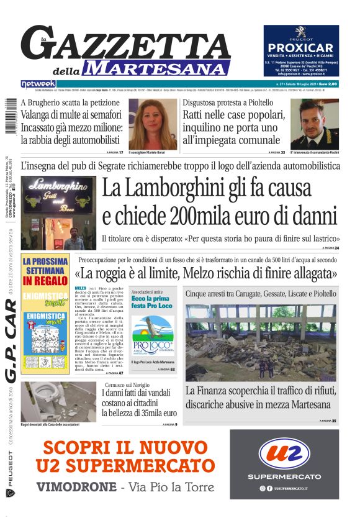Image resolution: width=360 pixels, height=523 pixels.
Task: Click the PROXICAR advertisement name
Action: click(301, 48)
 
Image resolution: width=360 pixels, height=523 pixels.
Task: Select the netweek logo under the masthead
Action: click(38, 83)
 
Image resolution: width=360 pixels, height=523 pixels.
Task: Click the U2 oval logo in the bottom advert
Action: click(284, 455)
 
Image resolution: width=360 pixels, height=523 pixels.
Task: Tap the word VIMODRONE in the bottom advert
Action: click(74, 486)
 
